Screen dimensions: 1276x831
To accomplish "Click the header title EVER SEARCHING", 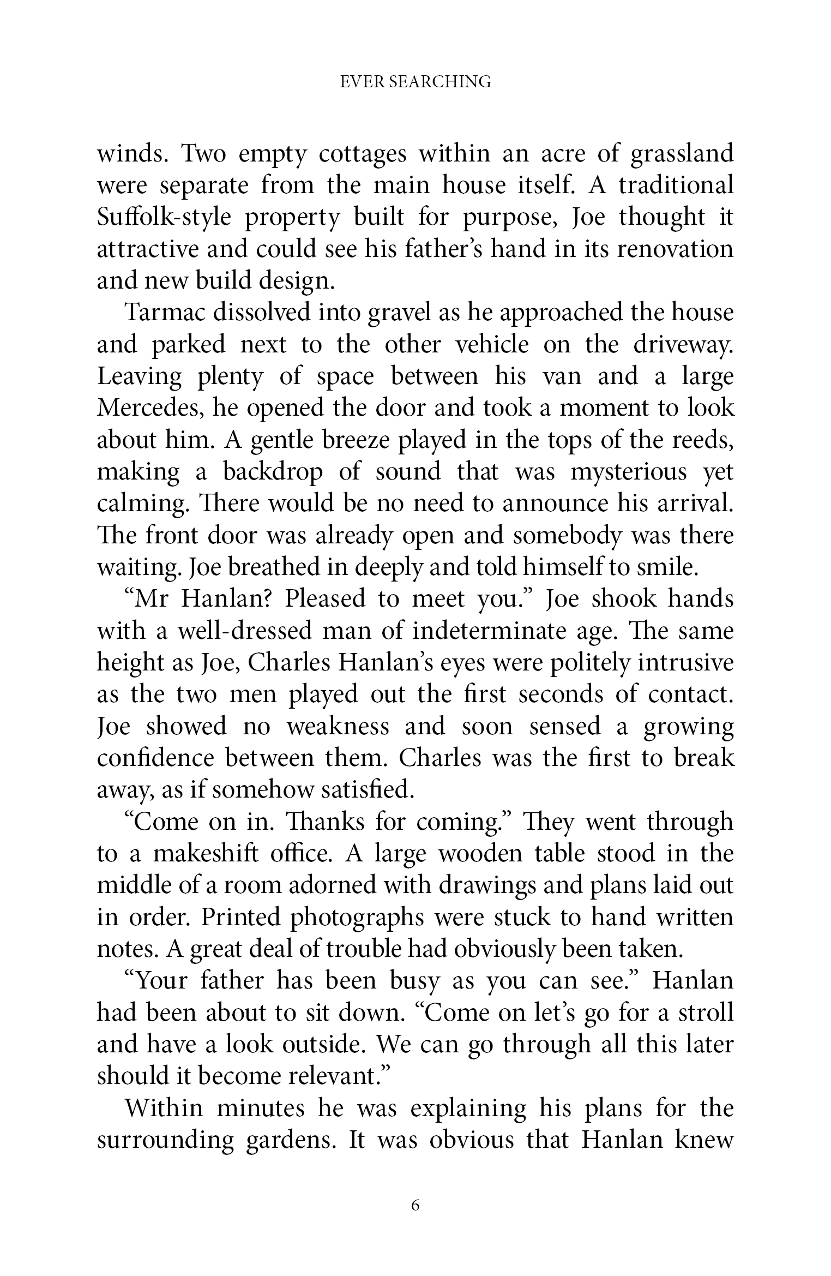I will click(415, 82).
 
